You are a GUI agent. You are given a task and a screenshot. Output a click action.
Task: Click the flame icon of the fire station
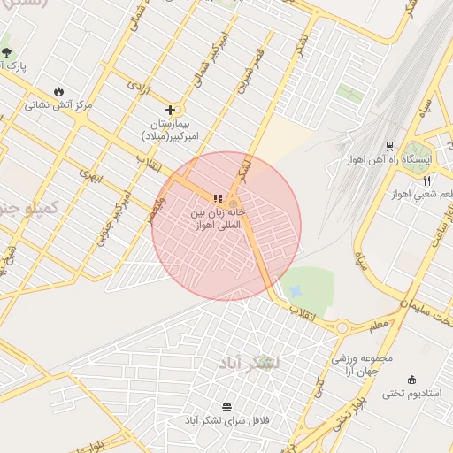[x=58, y=91]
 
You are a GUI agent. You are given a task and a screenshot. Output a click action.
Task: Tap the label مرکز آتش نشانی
[x=58, y=105]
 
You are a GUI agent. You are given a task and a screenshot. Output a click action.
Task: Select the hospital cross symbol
[x=170, y=111]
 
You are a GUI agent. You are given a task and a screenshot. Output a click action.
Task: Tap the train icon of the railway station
[x=388, y=146]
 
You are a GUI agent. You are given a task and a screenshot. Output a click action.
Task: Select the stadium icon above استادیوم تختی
[x=412, y=379]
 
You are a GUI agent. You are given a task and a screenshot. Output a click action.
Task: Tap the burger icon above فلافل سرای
[x=227, y=406]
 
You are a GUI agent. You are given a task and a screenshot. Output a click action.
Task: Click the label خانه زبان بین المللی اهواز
[x=218, y=220]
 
